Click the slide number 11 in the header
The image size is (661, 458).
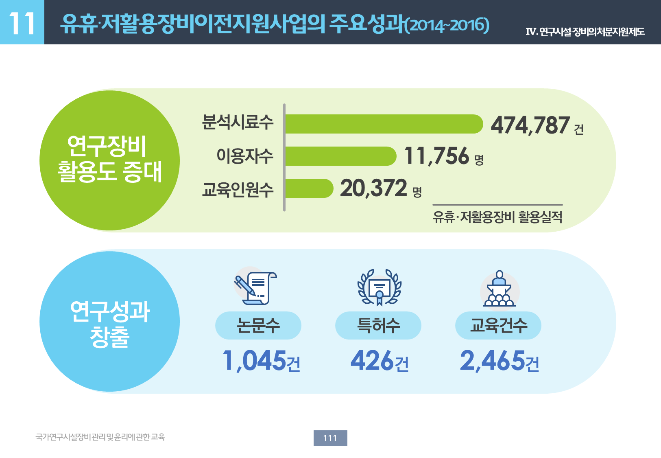pos(22,23)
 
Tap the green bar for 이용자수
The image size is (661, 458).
pos(341,156)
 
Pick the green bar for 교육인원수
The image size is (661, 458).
pos(309,188)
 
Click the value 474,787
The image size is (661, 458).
pos(530,125)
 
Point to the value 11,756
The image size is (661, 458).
pos(436,156)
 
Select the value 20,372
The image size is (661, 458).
pos(373,188)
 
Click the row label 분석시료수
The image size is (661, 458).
pos(238,122)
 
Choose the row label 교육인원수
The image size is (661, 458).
pos(238,189)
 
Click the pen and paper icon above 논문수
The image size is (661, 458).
pos(255,288)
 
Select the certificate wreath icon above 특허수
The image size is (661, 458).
pos(379,287)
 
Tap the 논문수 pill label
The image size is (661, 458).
pos(258,325)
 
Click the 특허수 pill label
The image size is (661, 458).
pos(378,325)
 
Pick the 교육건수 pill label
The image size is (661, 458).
pos(498,325)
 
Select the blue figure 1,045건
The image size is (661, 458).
pos(262,361)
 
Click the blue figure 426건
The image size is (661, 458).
pos(380,361)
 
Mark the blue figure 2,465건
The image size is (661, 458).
pos(499,361)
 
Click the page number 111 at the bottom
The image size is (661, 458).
pos(330,438)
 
